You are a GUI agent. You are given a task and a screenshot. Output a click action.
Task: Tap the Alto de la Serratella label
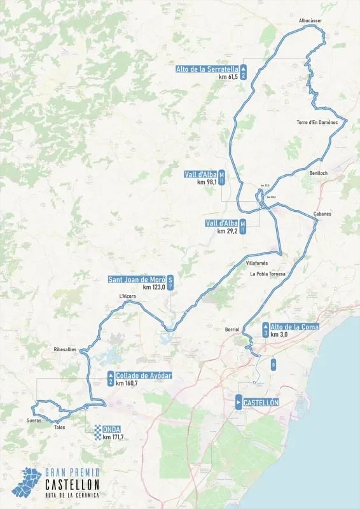point(207,69)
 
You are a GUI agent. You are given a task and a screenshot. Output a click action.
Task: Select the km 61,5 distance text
point(228,77)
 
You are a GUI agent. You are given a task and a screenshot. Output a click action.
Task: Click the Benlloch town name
point(317,172)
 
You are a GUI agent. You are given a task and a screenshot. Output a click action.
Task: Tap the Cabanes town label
point(322,214)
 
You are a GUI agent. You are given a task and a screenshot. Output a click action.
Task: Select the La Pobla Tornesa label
point(267,274)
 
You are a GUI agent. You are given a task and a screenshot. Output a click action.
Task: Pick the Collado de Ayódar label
point(144,375)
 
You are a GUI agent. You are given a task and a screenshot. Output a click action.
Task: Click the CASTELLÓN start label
point(261,403)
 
